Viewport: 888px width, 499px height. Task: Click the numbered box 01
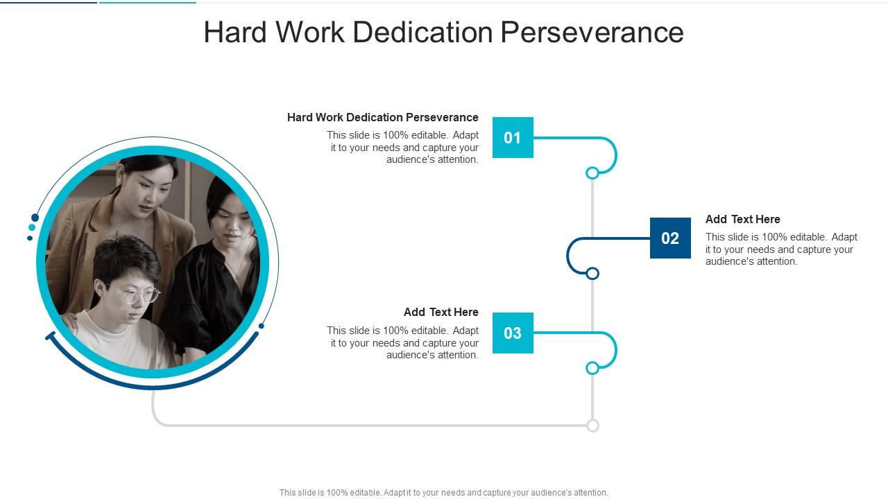click(513, 137)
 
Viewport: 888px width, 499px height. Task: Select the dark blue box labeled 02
click(670, 238)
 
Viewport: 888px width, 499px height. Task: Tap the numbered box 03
click(513, 333)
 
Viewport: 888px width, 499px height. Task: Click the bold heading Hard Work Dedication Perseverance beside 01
click(382, 117)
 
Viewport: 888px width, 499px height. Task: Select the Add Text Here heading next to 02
click(742, 219)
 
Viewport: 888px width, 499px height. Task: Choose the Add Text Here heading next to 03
click(441, 312)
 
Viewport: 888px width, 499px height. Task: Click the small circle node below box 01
click(592, 173)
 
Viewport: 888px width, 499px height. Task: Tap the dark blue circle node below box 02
click(592, 274)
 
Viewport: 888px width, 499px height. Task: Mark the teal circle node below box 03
click(592, 368)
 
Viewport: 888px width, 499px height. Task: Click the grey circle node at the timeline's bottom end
click(592, 426)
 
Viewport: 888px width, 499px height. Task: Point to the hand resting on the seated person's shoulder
click(70, 320)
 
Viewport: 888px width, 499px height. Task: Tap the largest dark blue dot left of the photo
click(35, 218)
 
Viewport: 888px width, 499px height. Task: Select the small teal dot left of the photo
click(32, 227)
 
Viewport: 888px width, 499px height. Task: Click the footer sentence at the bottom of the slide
click(443, 493)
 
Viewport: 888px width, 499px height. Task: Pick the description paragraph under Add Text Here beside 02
click(781, 249)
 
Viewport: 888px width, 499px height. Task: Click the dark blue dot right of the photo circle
click(262, 326)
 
